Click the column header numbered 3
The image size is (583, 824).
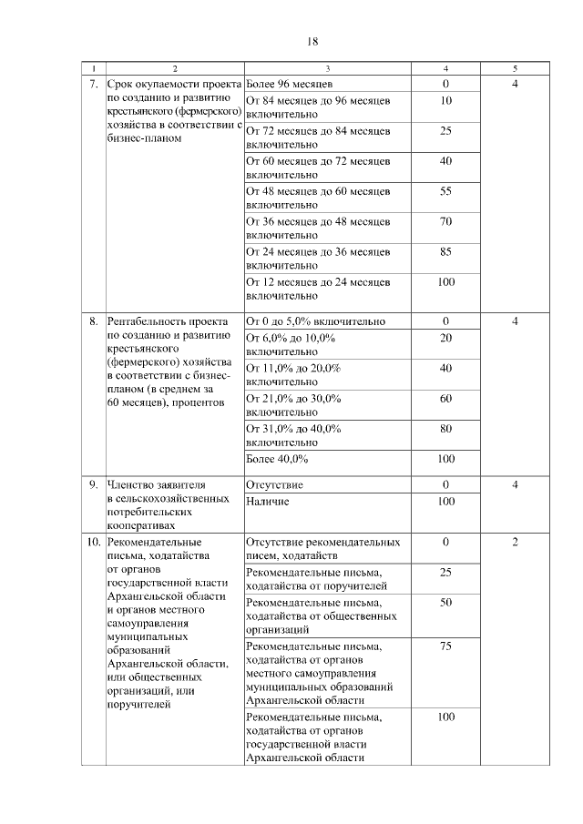(x=328, y=69)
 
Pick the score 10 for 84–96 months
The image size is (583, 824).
(x=445, y=101)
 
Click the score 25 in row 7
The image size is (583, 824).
(x=445, y=131)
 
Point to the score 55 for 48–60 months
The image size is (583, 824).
(x=445, y=191)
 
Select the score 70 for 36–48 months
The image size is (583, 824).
(x=445, y=221)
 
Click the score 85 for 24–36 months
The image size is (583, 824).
(x=445, y=251)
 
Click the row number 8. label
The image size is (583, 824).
(x=93, y=321)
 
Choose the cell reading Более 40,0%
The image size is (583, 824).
(x=278, y=458)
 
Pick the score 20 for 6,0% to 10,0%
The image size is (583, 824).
(x=445, y=338)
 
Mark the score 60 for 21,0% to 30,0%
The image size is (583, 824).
(x=445, y=398)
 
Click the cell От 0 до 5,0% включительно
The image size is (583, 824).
(x=316, y=321)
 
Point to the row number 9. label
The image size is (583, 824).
(x=93, y=485)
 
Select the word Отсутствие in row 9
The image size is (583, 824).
(x=275, y=485)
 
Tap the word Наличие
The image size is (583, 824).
(x=268, y=502)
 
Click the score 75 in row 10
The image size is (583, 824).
(x=445, y=646)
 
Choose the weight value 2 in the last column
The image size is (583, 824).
(x=515, y=543)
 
